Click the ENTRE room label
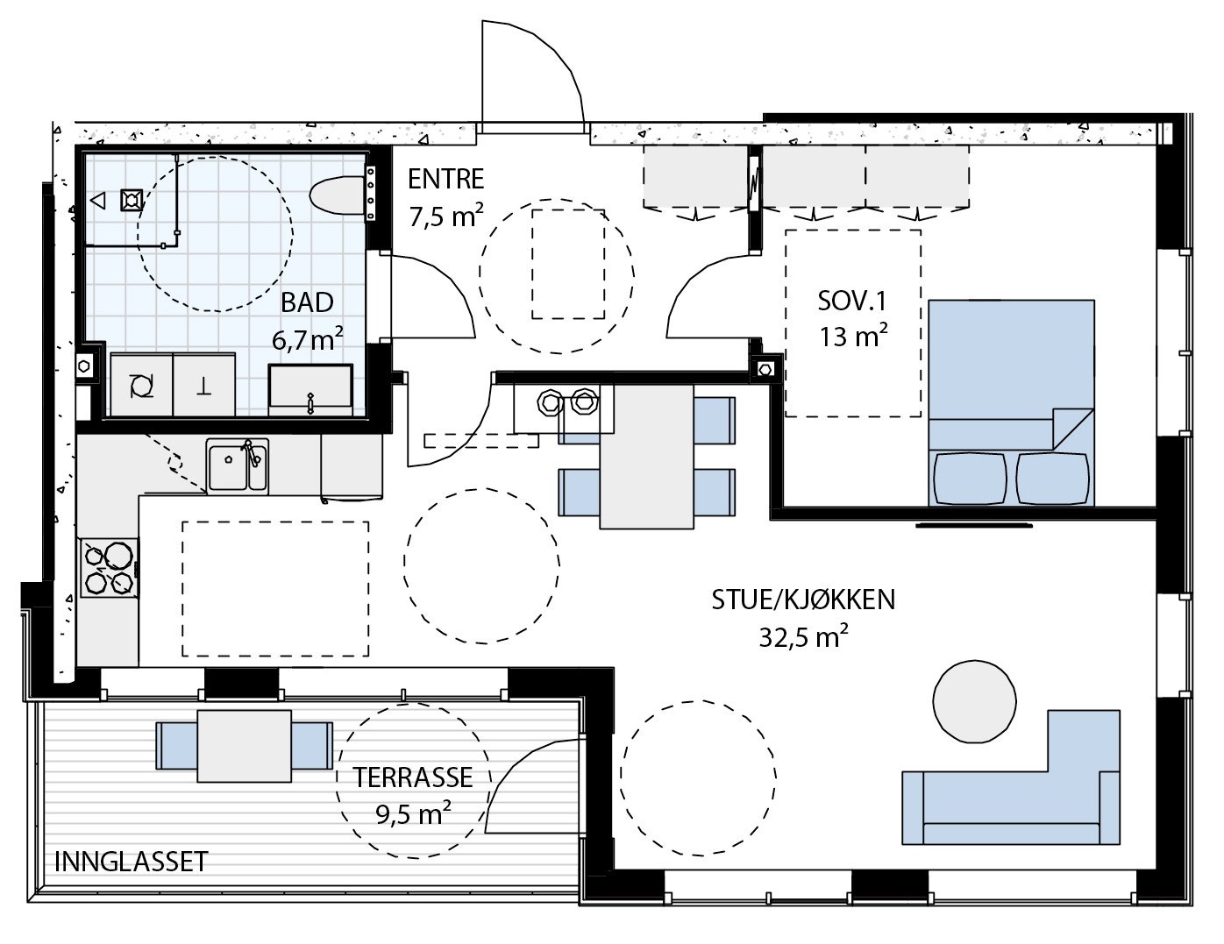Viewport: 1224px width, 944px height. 445,179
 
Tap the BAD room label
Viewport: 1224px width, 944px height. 307,303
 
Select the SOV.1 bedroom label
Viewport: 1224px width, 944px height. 852,302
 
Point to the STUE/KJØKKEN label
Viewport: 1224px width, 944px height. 803,600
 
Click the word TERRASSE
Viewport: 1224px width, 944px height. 413,777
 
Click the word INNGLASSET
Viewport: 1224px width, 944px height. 132,862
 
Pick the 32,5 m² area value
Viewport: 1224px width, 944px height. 803,637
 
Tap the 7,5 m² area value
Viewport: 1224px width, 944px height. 445,216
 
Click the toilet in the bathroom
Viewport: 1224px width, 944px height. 337,195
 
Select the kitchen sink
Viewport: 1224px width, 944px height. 237,466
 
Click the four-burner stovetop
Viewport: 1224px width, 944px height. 110,568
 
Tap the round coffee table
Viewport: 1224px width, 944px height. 974,701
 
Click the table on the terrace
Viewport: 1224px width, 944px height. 245,746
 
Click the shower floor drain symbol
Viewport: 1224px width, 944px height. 131,200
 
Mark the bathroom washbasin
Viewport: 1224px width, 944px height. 310,389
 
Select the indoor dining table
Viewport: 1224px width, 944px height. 647,457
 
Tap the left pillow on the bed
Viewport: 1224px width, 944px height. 970,479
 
